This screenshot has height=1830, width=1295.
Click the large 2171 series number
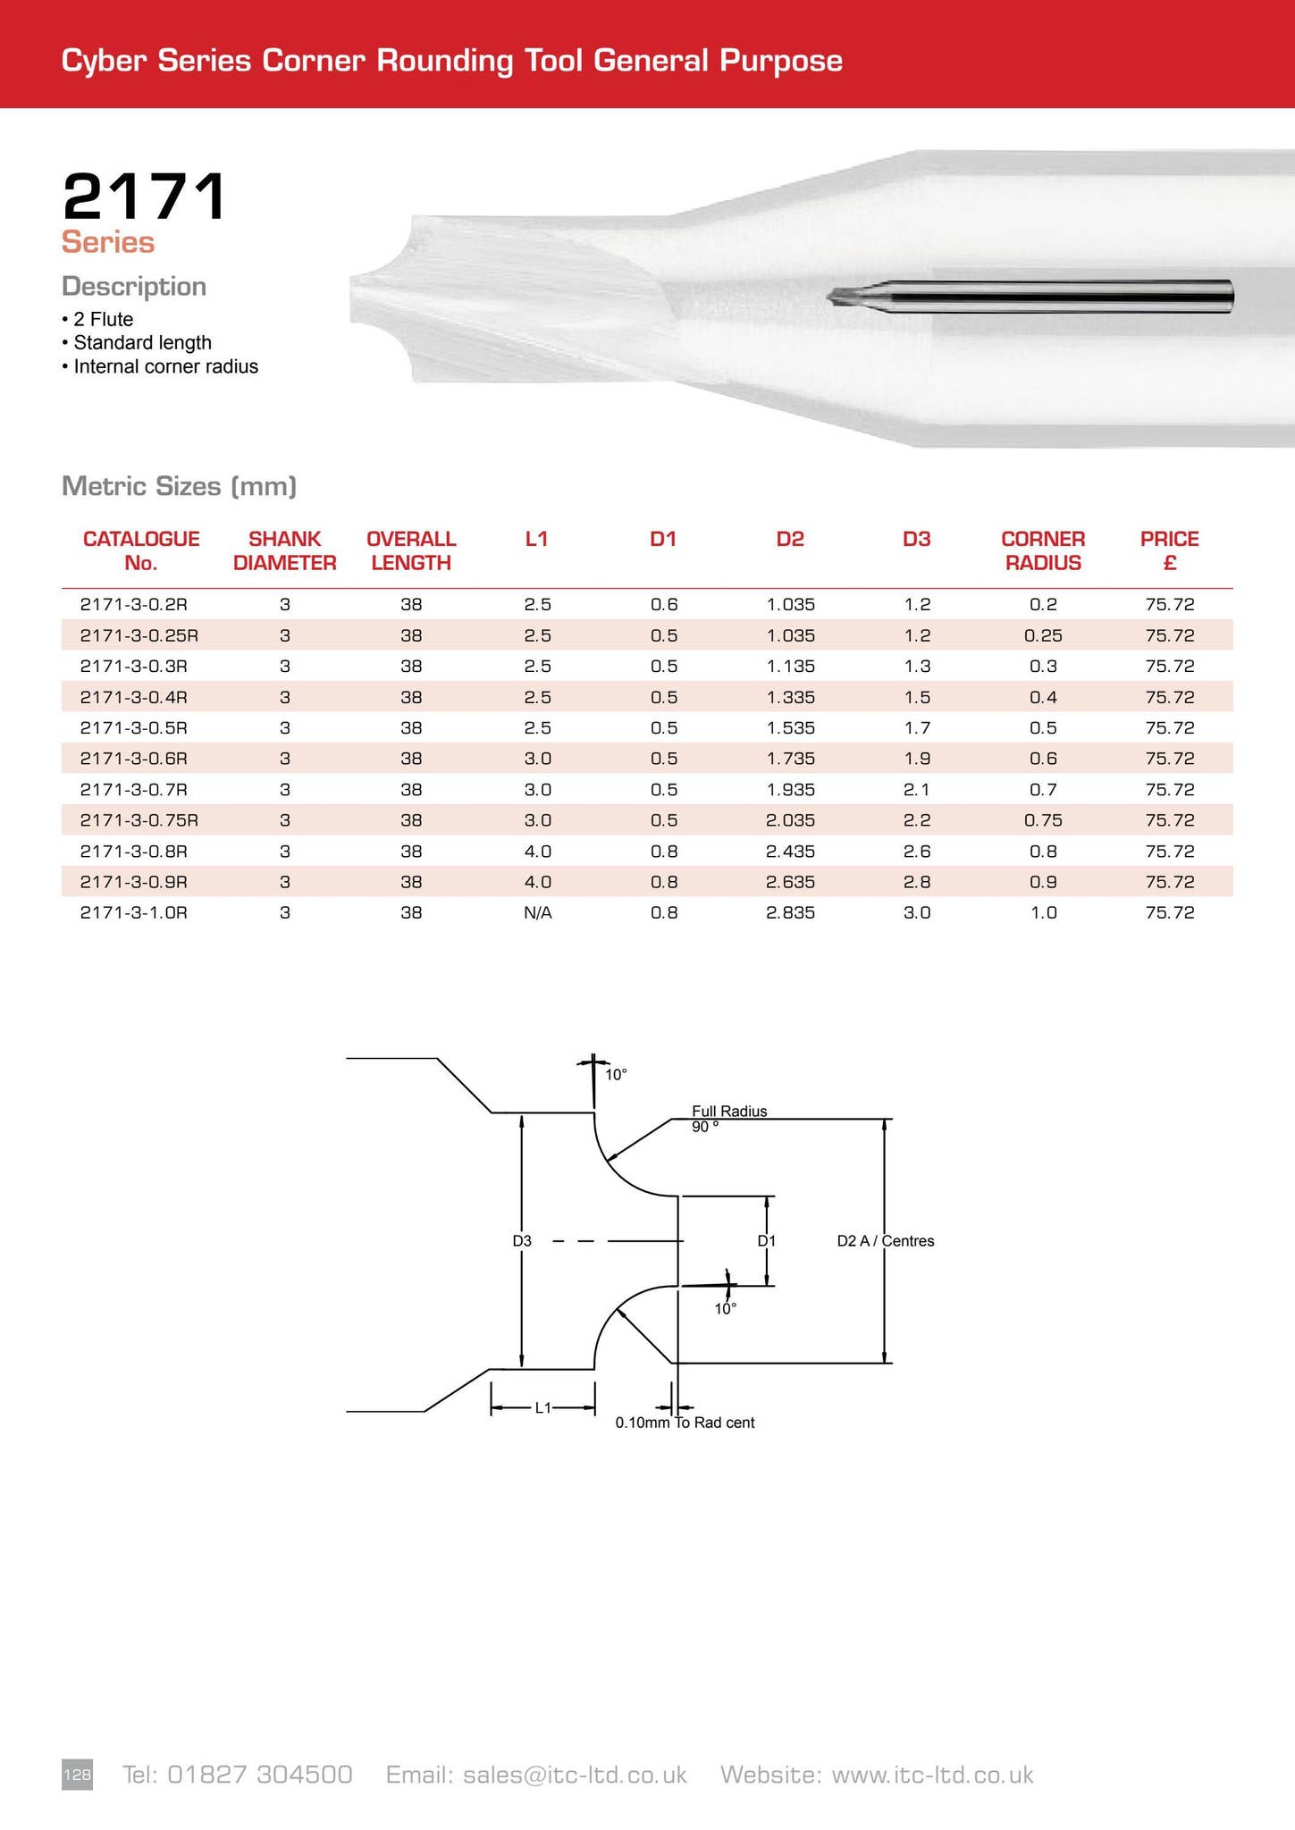tap(144, 197)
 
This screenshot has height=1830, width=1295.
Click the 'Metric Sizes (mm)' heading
tap(179, 486)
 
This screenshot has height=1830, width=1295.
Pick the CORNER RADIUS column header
tap(1042, 550)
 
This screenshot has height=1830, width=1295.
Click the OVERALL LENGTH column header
tap(411, 550)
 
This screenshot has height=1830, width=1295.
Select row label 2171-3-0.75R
tap(139, 820)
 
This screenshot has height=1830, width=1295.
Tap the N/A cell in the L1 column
tap(537, 912)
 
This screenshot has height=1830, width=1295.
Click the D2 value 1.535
tap(790, 727)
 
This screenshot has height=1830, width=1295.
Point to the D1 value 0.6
tap(663, 604)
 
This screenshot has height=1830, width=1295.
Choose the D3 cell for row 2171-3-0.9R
tap(917, 882)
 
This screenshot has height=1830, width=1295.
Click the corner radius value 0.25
tap(1043, 635)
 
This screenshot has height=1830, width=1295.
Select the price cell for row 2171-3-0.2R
tap(1169, 604)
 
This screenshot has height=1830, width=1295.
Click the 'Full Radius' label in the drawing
tap(729, 1111)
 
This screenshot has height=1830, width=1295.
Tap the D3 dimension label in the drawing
tap(522, 1240)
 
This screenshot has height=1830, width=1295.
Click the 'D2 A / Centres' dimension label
tap(885, 1240)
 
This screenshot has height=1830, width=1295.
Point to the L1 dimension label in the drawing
tap(542, 1408)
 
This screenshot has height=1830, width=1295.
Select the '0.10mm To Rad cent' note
tap(685, 1423)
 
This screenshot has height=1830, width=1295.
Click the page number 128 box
tap(77, 1774)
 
